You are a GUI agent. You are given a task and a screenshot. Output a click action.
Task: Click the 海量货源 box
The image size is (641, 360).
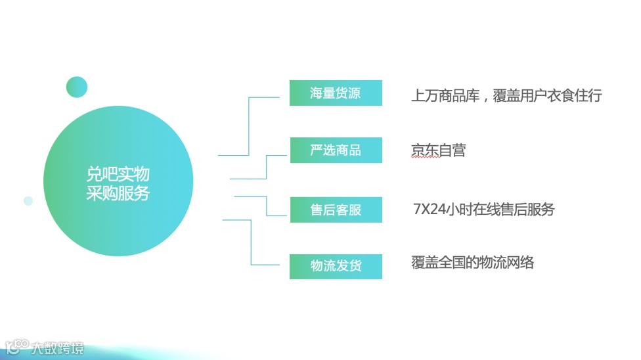click(x=336, y=93)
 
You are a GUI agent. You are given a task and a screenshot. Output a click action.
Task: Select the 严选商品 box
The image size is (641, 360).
click(x=336, y=150)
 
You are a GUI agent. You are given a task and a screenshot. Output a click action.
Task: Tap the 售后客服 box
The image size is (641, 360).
click(x=336, y=210)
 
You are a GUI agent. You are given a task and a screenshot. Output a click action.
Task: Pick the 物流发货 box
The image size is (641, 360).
click(x=336, y=266)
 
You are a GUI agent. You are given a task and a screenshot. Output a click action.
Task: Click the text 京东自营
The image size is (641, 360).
click(x=438, y=150)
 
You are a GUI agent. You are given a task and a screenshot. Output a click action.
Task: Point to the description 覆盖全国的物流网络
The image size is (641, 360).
click(x=473, y=263)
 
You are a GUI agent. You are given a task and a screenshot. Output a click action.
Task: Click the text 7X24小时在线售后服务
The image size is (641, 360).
click(x=484, y=210)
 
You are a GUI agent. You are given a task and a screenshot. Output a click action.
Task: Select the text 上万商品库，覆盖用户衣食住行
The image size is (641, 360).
click(x=506, y=95)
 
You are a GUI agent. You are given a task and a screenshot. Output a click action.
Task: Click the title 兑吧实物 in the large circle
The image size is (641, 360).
click(x=118, y=174)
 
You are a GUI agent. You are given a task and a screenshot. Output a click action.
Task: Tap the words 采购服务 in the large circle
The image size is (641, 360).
click(x=118, y=193)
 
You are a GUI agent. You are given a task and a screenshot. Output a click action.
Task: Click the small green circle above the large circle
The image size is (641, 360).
click(x=77, y=87)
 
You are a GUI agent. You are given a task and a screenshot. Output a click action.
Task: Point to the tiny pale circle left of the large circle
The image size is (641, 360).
click(x=28, y=201)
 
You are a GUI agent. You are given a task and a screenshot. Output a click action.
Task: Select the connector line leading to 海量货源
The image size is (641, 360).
click(x=250, y=125)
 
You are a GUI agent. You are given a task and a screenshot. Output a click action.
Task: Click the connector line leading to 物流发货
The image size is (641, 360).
click(x=252, y=243)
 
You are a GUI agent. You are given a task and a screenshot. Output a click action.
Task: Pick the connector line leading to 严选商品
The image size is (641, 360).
click(x=266, y=167)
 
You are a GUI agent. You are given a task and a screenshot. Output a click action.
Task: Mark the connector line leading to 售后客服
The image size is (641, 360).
click(x=266, y=206)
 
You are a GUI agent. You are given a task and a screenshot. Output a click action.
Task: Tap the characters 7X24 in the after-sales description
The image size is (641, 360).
click(x=428, y=210)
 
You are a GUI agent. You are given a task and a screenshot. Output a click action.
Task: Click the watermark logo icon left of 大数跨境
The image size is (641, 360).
click(x=17, y=347)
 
